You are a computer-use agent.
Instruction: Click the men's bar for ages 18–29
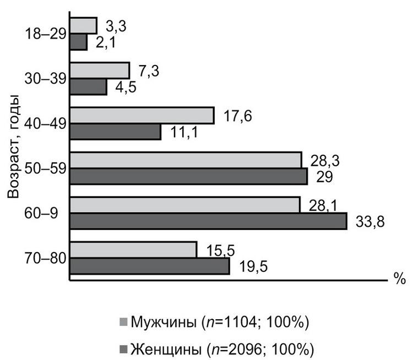(84, 25)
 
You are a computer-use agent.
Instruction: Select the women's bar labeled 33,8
(208, 221)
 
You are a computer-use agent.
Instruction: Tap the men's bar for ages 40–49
(142, 115)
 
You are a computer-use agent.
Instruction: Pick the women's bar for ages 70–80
(150, 266)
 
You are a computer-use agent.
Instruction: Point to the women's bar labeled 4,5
(88, 86)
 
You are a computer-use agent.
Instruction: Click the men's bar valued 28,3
(186, 160)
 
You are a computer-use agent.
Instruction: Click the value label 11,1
(186, 133)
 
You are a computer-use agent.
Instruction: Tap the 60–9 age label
(46, 213)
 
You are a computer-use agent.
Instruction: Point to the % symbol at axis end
(399, 279)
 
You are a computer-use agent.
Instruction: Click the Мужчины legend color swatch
(123, 321)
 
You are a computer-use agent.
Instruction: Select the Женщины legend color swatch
(123, 348)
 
